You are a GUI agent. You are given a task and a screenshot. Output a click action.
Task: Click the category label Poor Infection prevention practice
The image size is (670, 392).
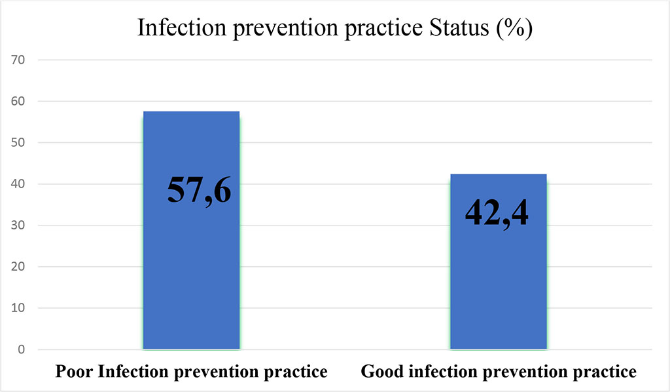(x=192, y=372)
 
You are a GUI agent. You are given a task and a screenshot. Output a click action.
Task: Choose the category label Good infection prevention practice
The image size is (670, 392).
(x=499, y=372)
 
